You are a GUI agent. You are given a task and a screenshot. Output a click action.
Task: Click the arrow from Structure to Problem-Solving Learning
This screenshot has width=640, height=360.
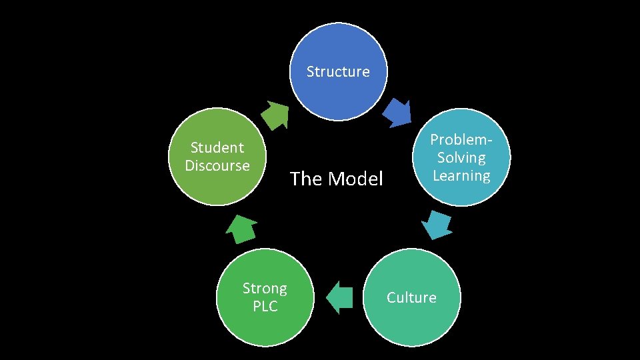coord(399,113)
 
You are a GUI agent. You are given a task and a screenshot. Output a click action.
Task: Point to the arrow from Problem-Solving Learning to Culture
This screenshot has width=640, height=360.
coord(438,225)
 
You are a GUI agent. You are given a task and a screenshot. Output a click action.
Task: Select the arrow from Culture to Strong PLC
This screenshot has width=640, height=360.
coord(340,297)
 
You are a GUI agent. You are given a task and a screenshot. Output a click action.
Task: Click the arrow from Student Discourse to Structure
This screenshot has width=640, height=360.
coord(274,115)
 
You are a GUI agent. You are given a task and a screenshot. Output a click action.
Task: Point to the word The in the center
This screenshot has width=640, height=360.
coord(305,179)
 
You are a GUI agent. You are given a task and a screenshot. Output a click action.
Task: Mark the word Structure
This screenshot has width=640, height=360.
coord(338,71)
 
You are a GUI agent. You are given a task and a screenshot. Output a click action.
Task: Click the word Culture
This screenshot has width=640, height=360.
coord(411,297)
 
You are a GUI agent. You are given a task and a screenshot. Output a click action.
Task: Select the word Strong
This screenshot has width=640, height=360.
coord(265,289)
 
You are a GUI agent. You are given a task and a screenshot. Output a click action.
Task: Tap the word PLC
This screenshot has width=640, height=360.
coord(265,307)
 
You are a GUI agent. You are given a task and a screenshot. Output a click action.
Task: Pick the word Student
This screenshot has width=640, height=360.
coord(217,147)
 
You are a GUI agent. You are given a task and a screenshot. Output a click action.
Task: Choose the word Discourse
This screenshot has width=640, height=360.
coord(217,165)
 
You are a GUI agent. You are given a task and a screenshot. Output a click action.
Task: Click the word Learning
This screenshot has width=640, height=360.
coord(461,175)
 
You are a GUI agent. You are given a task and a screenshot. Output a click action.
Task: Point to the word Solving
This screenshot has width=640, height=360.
coord(461,158)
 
